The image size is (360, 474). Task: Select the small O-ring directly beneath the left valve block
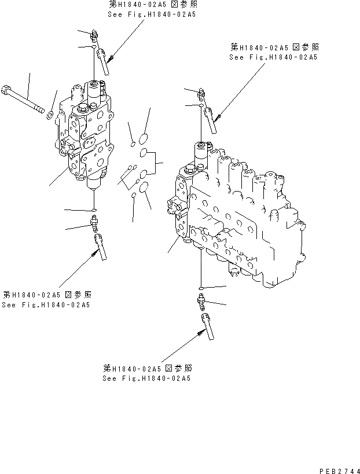coord(93,210)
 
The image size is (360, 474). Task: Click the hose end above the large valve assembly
coord(210,122)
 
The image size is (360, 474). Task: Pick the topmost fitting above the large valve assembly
coord(201,93)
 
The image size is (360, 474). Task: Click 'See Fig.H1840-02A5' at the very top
coord(152,14)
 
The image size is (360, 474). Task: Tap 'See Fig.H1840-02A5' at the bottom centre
coord(146,379)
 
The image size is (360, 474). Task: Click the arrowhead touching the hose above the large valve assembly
coord(216,119)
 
